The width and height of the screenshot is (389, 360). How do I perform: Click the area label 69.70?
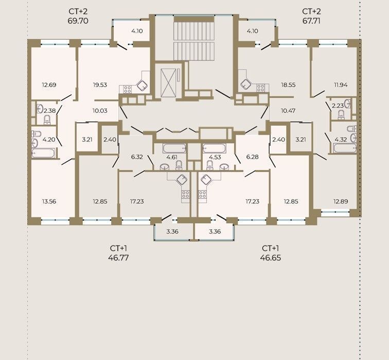click(x=78, y=21)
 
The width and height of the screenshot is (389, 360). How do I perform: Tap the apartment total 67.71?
click(x=311, y=21)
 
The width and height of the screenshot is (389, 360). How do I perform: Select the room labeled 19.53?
click(x=100, y=85)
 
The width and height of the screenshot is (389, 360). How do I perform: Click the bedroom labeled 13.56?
click(x=49, y=201)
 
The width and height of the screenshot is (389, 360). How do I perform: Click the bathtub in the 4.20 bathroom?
click(x=43, y=153)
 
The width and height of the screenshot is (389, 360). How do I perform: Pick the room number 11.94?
click(x=341, y=85)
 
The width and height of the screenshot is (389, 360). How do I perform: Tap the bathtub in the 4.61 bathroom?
click(x=174, y=148)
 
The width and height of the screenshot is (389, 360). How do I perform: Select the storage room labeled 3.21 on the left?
click(x=87, y=140)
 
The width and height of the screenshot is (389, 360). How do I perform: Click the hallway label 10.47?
click(x=288, y=111)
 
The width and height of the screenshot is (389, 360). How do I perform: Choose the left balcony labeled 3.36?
click(x=172, y=232)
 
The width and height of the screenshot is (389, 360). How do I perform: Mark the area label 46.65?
click(x=271, y=258)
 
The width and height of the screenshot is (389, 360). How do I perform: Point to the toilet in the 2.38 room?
click(x=47, y=120)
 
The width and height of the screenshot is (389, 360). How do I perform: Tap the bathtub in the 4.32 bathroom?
click(x=344, y=148)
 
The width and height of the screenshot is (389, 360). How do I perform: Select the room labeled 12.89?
click(x=341, y=201)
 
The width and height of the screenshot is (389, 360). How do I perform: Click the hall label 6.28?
click(x=252, y=157)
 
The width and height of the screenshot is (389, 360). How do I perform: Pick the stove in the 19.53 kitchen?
click(x=128, y=89)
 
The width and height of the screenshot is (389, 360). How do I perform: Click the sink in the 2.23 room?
click(x=348, y=104)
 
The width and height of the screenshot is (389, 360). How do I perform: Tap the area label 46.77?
click(x=118, y=258)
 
